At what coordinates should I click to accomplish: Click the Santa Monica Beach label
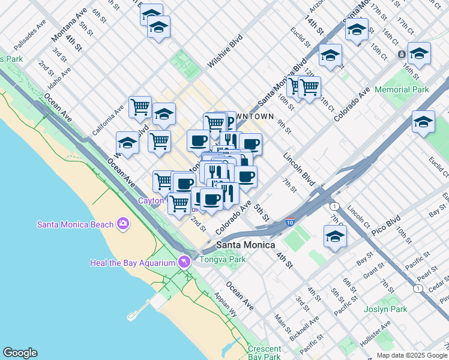coord(75,224)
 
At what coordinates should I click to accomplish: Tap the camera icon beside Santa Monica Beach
coord(124,224)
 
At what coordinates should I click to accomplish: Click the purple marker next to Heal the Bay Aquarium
coord(184,262)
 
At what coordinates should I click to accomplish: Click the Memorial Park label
coord(402,89)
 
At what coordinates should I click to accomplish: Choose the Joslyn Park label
coord(385,310)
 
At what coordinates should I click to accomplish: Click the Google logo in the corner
coord(20,353)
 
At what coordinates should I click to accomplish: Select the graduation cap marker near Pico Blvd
coord(335,236)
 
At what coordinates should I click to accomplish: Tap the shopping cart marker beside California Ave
coord(140,107)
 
